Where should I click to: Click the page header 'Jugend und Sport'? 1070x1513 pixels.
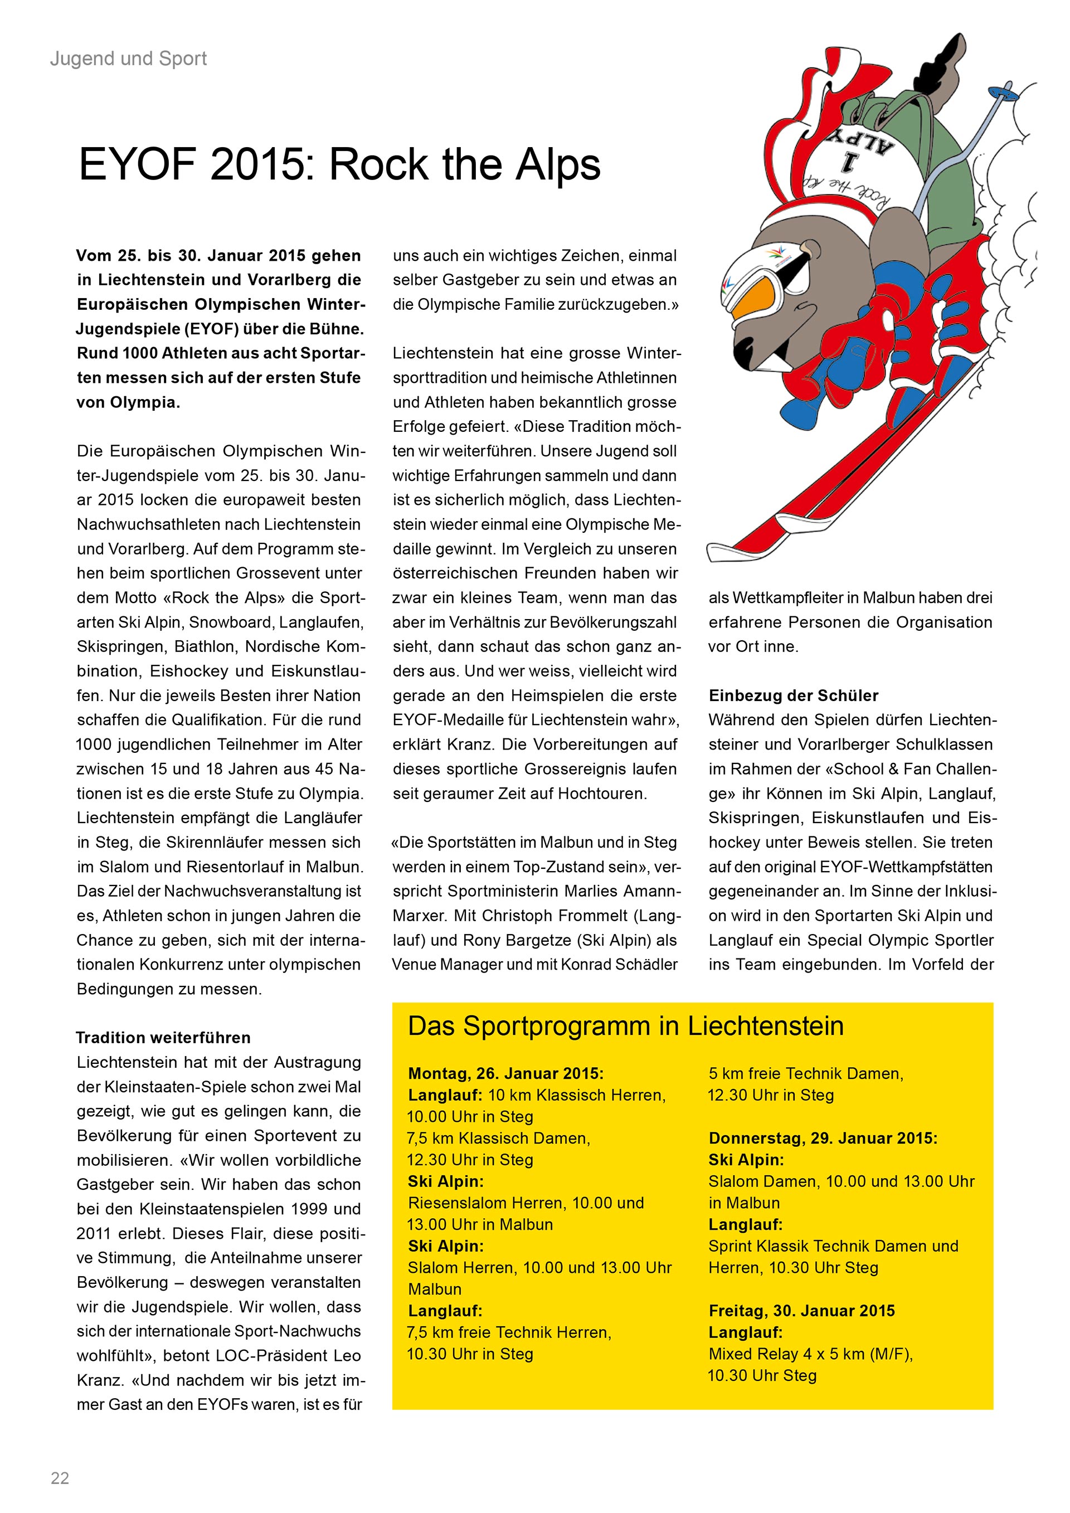click(x=129, y=59)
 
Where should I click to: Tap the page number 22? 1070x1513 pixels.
click(x=60, y=1478)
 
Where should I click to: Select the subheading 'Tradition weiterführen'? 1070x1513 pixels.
click(x=163, y=1038)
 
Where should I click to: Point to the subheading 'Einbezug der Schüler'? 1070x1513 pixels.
click(x=793, y=696)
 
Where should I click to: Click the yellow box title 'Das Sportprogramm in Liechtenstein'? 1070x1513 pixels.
click(x=625, y=1026)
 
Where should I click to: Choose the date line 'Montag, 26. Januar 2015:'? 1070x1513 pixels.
click(x=505, y=1073)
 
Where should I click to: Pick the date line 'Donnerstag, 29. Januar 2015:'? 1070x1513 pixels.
click(x=822, y=1138)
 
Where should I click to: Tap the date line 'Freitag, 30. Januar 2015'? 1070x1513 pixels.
click(x=801, y=1311)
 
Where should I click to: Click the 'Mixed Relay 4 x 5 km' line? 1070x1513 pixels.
click(x=810, y=1354)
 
